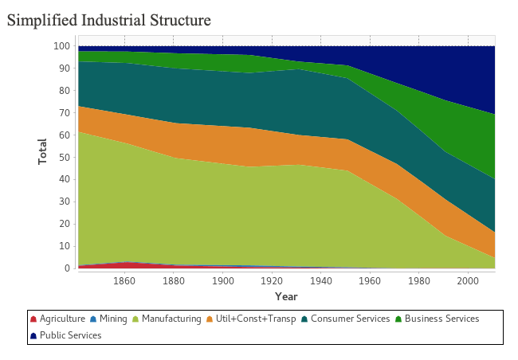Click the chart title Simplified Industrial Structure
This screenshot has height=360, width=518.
109,20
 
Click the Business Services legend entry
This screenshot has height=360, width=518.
440,319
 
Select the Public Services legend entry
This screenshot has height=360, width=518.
70,335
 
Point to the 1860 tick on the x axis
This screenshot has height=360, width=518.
124,281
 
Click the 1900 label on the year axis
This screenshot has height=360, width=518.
222,281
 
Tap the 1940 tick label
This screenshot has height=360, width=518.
320,281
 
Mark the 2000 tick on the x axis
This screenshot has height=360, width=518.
468,281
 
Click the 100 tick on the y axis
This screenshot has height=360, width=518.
62,46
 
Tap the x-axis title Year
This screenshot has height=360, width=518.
286,296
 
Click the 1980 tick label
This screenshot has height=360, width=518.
419,281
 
